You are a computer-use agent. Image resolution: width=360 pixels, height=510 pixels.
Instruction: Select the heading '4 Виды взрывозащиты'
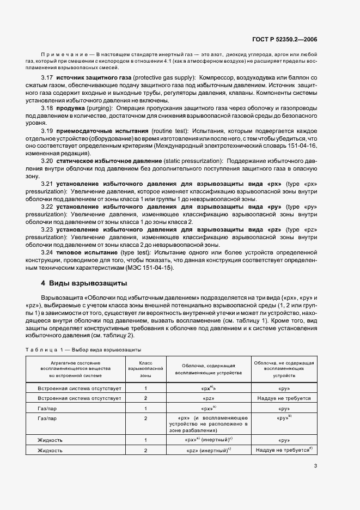point(84,283)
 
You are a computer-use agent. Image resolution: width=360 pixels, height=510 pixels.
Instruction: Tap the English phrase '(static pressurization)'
point(192,161)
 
